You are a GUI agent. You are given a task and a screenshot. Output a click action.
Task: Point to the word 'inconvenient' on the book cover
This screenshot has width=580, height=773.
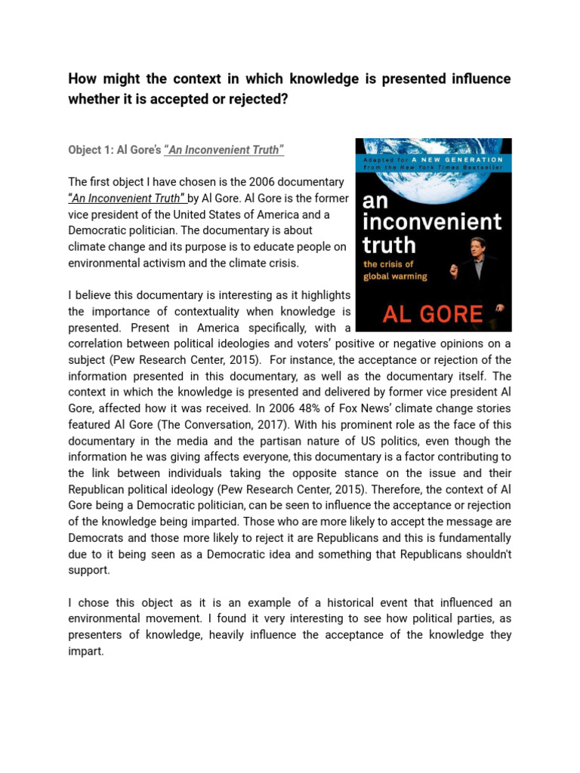pos(432,222)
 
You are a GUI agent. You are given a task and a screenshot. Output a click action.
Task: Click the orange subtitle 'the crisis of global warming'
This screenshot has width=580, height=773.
pos(395,270)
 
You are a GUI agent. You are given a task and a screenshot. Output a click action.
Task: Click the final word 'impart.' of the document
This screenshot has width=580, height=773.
pos(86,651)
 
